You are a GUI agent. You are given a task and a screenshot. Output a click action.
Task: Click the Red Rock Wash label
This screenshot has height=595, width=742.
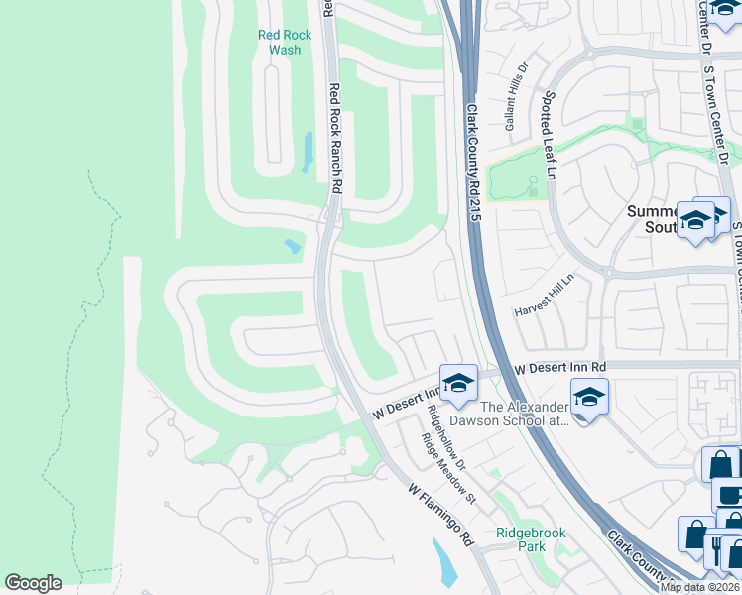point(285,42)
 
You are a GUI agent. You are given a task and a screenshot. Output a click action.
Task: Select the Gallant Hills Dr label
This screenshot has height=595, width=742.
point(517,105)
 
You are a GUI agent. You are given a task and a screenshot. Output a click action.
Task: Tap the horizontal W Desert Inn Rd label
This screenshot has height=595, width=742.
point(561,368)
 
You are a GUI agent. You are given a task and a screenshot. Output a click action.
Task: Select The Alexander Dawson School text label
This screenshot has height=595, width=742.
point(525,414)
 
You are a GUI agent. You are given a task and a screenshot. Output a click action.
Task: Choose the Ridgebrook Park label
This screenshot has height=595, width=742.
point(531,539)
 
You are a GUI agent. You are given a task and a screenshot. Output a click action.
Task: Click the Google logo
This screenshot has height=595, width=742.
point(33,583)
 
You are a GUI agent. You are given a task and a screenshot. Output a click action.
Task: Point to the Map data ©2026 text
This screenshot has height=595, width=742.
point(699,587)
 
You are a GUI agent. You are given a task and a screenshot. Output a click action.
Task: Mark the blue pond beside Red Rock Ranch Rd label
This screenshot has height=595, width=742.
point(308,151)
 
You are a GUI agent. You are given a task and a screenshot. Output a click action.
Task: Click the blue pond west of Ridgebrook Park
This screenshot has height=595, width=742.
point(444,562)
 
